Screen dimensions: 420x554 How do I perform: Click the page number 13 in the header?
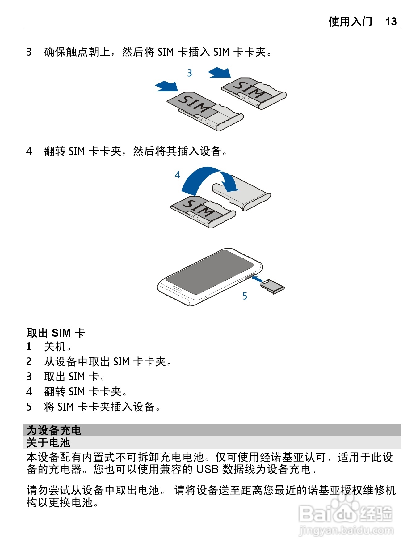(391, 21)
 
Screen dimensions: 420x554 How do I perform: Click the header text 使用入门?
(350, 21)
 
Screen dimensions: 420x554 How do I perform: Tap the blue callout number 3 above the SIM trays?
(190, 73)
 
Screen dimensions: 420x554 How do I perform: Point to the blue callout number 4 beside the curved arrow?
(177, 175)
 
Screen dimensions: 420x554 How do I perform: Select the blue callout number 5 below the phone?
(245, 296)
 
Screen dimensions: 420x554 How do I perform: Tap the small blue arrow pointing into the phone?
(257, 279)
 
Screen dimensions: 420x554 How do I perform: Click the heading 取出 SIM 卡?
(56, 333)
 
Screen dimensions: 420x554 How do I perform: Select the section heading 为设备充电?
(54, 430)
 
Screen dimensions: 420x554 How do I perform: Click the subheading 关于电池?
(48, 442)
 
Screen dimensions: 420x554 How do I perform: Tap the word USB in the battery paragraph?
(208, 469)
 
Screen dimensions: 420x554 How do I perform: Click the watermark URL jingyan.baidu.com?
(346, 531)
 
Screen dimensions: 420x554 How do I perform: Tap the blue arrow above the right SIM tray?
(220, 73)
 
